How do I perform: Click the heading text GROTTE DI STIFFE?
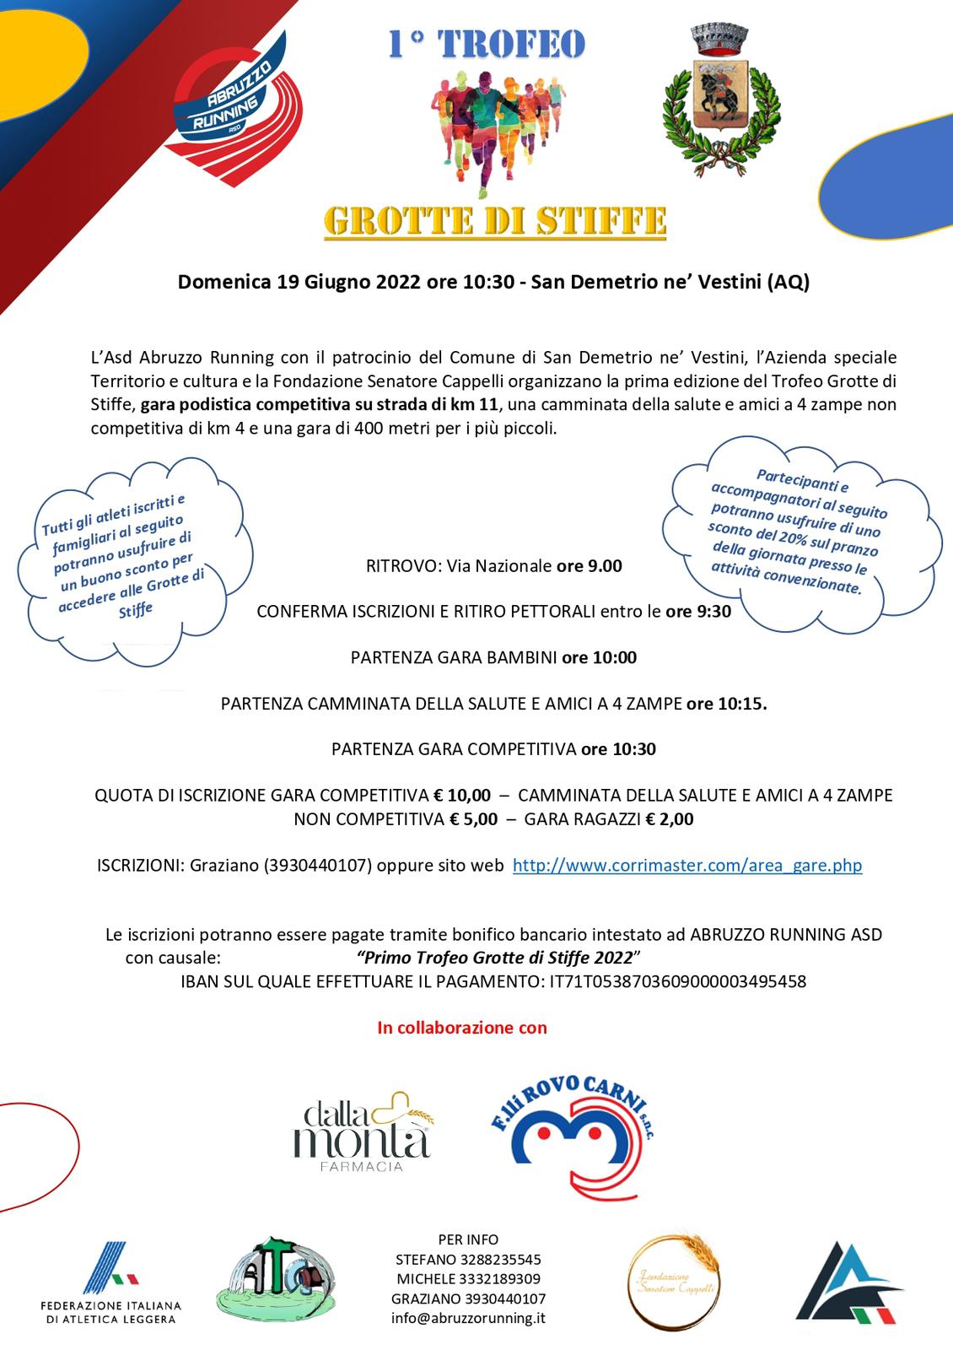(495, 221)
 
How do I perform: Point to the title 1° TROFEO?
(486, 45)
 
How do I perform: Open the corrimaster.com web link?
(686, 865)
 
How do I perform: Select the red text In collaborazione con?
(462, 1028)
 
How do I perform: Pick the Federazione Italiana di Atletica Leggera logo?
(110, 1282)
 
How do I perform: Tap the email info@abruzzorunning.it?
(468, 1318)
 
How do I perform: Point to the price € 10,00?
(461, 795)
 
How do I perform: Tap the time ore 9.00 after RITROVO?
(589, 565)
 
